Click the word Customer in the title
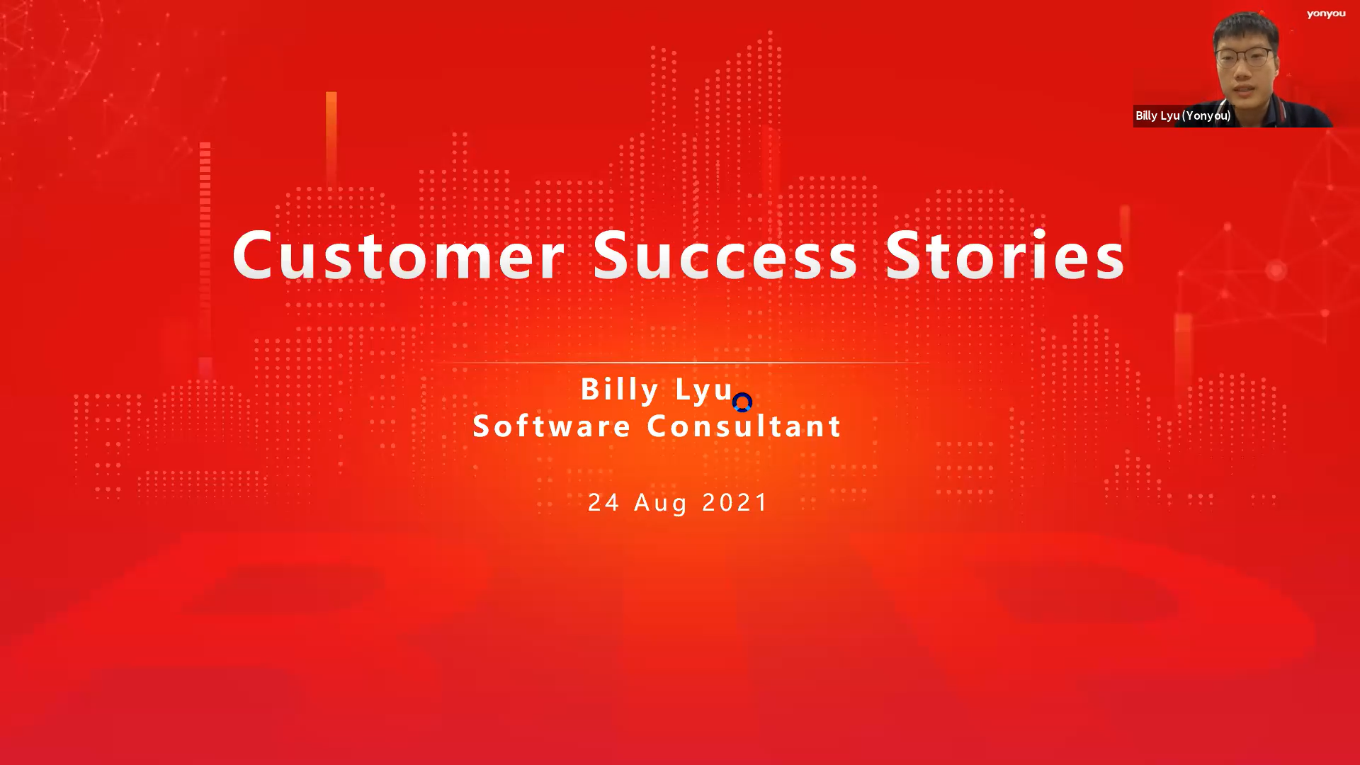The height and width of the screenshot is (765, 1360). [398, 254]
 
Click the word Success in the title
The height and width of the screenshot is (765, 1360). [725, 254]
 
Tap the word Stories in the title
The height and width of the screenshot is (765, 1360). [1005, 254]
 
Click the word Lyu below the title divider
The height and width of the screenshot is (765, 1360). [704, 390]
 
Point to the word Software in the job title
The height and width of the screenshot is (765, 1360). [552, 426]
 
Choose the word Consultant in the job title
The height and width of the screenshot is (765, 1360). [744, 426]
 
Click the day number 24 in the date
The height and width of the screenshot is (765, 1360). [604, 502]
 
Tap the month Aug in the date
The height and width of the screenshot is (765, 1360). [661, 504]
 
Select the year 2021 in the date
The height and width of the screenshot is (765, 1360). [735, 502]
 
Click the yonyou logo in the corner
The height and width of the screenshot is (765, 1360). [1326, 14]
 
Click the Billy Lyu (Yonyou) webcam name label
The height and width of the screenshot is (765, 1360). [1183, 115]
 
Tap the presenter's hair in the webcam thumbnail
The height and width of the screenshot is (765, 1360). [1246, 29]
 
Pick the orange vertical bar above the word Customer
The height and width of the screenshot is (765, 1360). [331, 138]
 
